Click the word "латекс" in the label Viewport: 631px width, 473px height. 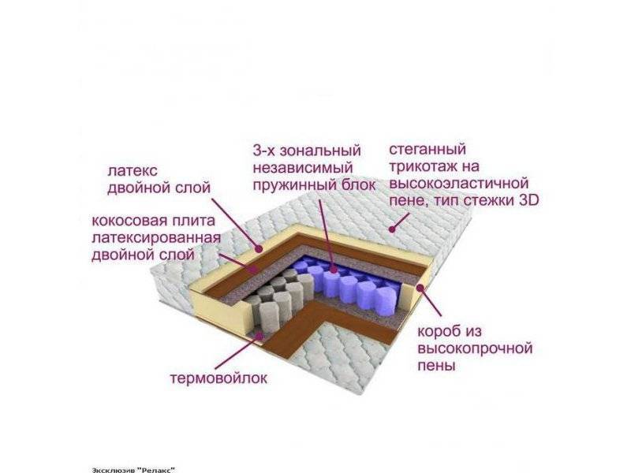(x=132, y=170)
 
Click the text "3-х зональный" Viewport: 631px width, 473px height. (x=307, y=150)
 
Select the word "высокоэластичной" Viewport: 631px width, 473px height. (x=457, y=184)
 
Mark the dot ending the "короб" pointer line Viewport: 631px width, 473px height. (x=420, y=288)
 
